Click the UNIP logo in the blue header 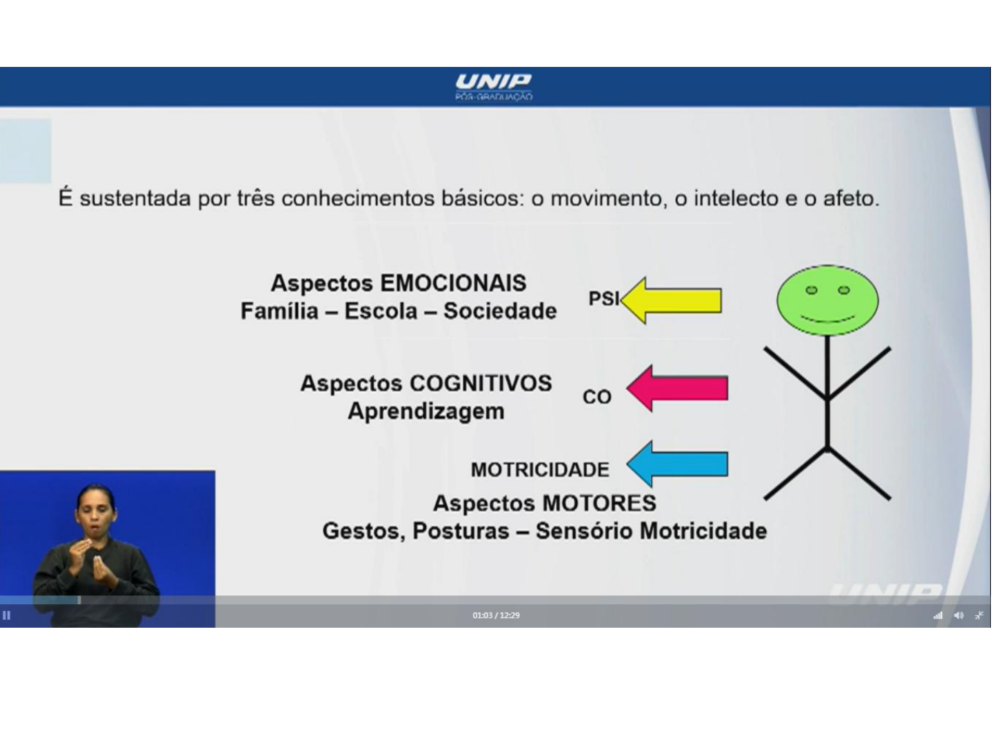(494, 88)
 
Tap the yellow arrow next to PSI (672, 300)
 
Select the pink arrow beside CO (677, 388)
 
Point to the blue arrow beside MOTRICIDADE (677, 464)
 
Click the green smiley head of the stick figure (827, 301)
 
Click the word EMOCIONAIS (453, 284)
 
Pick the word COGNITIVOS (481, 384)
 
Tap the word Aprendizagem (426, 412)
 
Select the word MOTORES (599, 504)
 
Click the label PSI (603, 299)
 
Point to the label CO (597, 397)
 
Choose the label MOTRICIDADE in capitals (540, 470)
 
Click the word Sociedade (500, 311)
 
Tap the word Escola (381, 311)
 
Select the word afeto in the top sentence (851, 199)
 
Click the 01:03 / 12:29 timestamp (496, 615)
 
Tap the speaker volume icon (958, 615)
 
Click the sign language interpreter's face (96, 513)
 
